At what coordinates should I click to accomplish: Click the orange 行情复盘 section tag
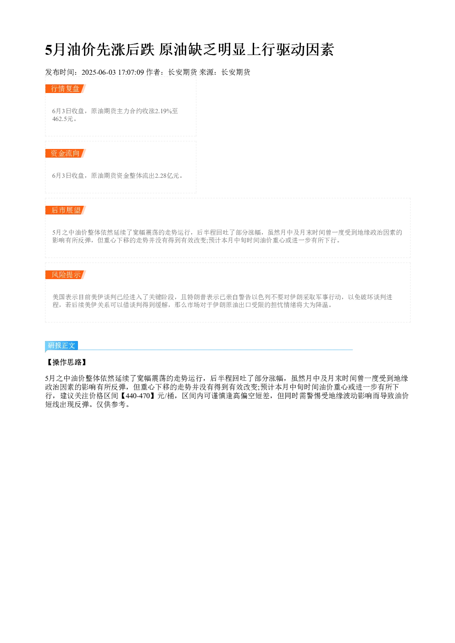[66, 89]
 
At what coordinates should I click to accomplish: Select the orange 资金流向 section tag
[66, 153]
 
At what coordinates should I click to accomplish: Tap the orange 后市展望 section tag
[66, 210]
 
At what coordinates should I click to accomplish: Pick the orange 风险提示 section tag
[66, 275]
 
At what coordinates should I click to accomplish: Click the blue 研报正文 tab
[61, 345]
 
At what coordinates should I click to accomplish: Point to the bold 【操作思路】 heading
[67, 362]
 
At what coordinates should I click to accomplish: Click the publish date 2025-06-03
[99, 72]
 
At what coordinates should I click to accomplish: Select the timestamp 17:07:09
[131, 72]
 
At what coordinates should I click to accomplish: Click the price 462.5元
[63, 119]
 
